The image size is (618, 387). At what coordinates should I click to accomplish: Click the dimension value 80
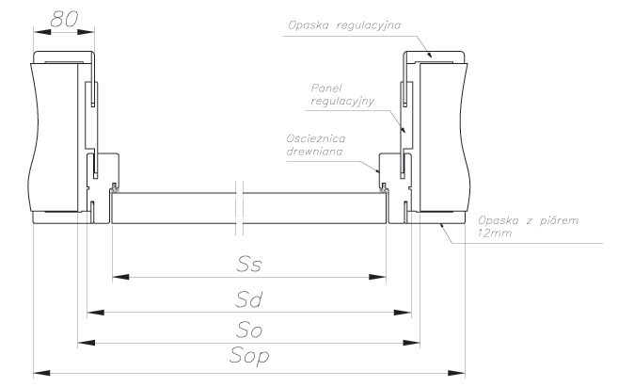64,19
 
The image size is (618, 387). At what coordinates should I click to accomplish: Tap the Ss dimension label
249,265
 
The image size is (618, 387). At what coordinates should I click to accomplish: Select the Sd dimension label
248,299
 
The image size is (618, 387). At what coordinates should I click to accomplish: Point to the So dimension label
249,330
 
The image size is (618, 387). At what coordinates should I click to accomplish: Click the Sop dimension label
249,356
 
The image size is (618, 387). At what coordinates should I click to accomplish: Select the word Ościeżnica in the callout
316,138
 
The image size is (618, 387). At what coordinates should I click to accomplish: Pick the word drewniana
314,152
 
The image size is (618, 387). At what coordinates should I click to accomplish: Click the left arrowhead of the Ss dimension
120,277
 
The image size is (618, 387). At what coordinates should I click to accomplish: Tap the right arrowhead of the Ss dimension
377,277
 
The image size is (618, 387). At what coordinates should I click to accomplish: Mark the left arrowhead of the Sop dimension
41,373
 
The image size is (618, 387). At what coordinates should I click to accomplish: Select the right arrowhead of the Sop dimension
456,373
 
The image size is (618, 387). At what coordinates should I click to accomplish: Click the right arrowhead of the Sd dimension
403,313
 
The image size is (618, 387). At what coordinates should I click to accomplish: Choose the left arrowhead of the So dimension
87,343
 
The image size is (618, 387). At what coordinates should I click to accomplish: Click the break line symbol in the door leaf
239,208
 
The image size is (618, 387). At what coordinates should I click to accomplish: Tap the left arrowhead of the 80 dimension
42,32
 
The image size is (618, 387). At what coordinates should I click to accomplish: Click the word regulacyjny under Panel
342,101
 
